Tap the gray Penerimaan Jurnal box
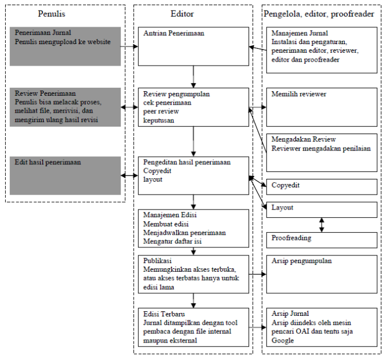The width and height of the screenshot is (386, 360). point(65,45)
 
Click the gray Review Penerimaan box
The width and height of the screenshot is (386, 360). point(65,106)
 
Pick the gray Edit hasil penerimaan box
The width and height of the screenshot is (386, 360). point(65,175)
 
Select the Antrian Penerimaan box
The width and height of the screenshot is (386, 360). point(193,46)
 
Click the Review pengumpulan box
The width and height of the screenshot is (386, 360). point(193,107)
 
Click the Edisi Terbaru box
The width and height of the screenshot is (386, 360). point(193,327)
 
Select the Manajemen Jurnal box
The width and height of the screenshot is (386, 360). point(321,49)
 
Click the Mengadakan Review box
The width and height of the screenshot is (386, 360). point(321,152)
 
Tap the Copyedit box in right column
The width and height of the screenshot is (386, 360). point(321,186)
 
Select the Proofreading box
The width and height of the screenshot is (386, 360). point(321,239)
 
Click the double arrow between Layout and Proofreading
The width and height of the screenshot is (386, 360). point(322,224)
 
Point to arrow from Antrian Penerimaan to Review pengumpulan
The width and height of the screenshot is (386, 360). point(193,77)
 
